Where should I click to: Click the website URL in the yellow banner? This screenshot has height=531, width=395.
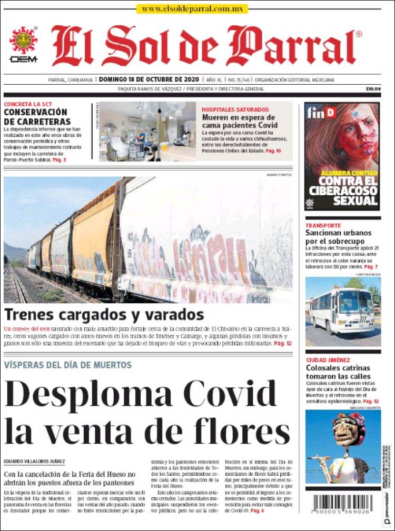click(x=192, y=9)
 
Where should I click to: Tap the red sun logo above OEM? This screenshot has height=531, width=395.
click(x=23, y=40)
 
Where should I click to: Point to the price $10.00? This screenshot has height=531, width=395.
click(x=373, y=89)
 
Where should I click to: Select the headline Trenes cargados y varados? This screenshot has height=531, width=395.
click(x=104, y=315)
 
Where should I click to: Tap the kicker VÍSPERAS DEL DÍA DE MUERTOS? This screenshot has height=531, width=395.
click(x=68, y=365)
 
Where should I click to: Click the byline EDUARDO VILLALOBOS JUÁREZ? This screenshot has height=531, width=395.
click(x=34, y=462)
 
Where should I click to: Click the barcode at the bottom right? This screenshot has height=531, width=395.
click(x=343, y=503)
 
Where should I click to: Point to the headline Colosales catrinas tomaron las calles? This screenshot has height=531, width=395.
click(x=338, y=372)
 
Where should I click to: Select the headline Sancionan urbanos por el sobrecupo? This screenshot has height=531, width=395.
click(x=339, y=236)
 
